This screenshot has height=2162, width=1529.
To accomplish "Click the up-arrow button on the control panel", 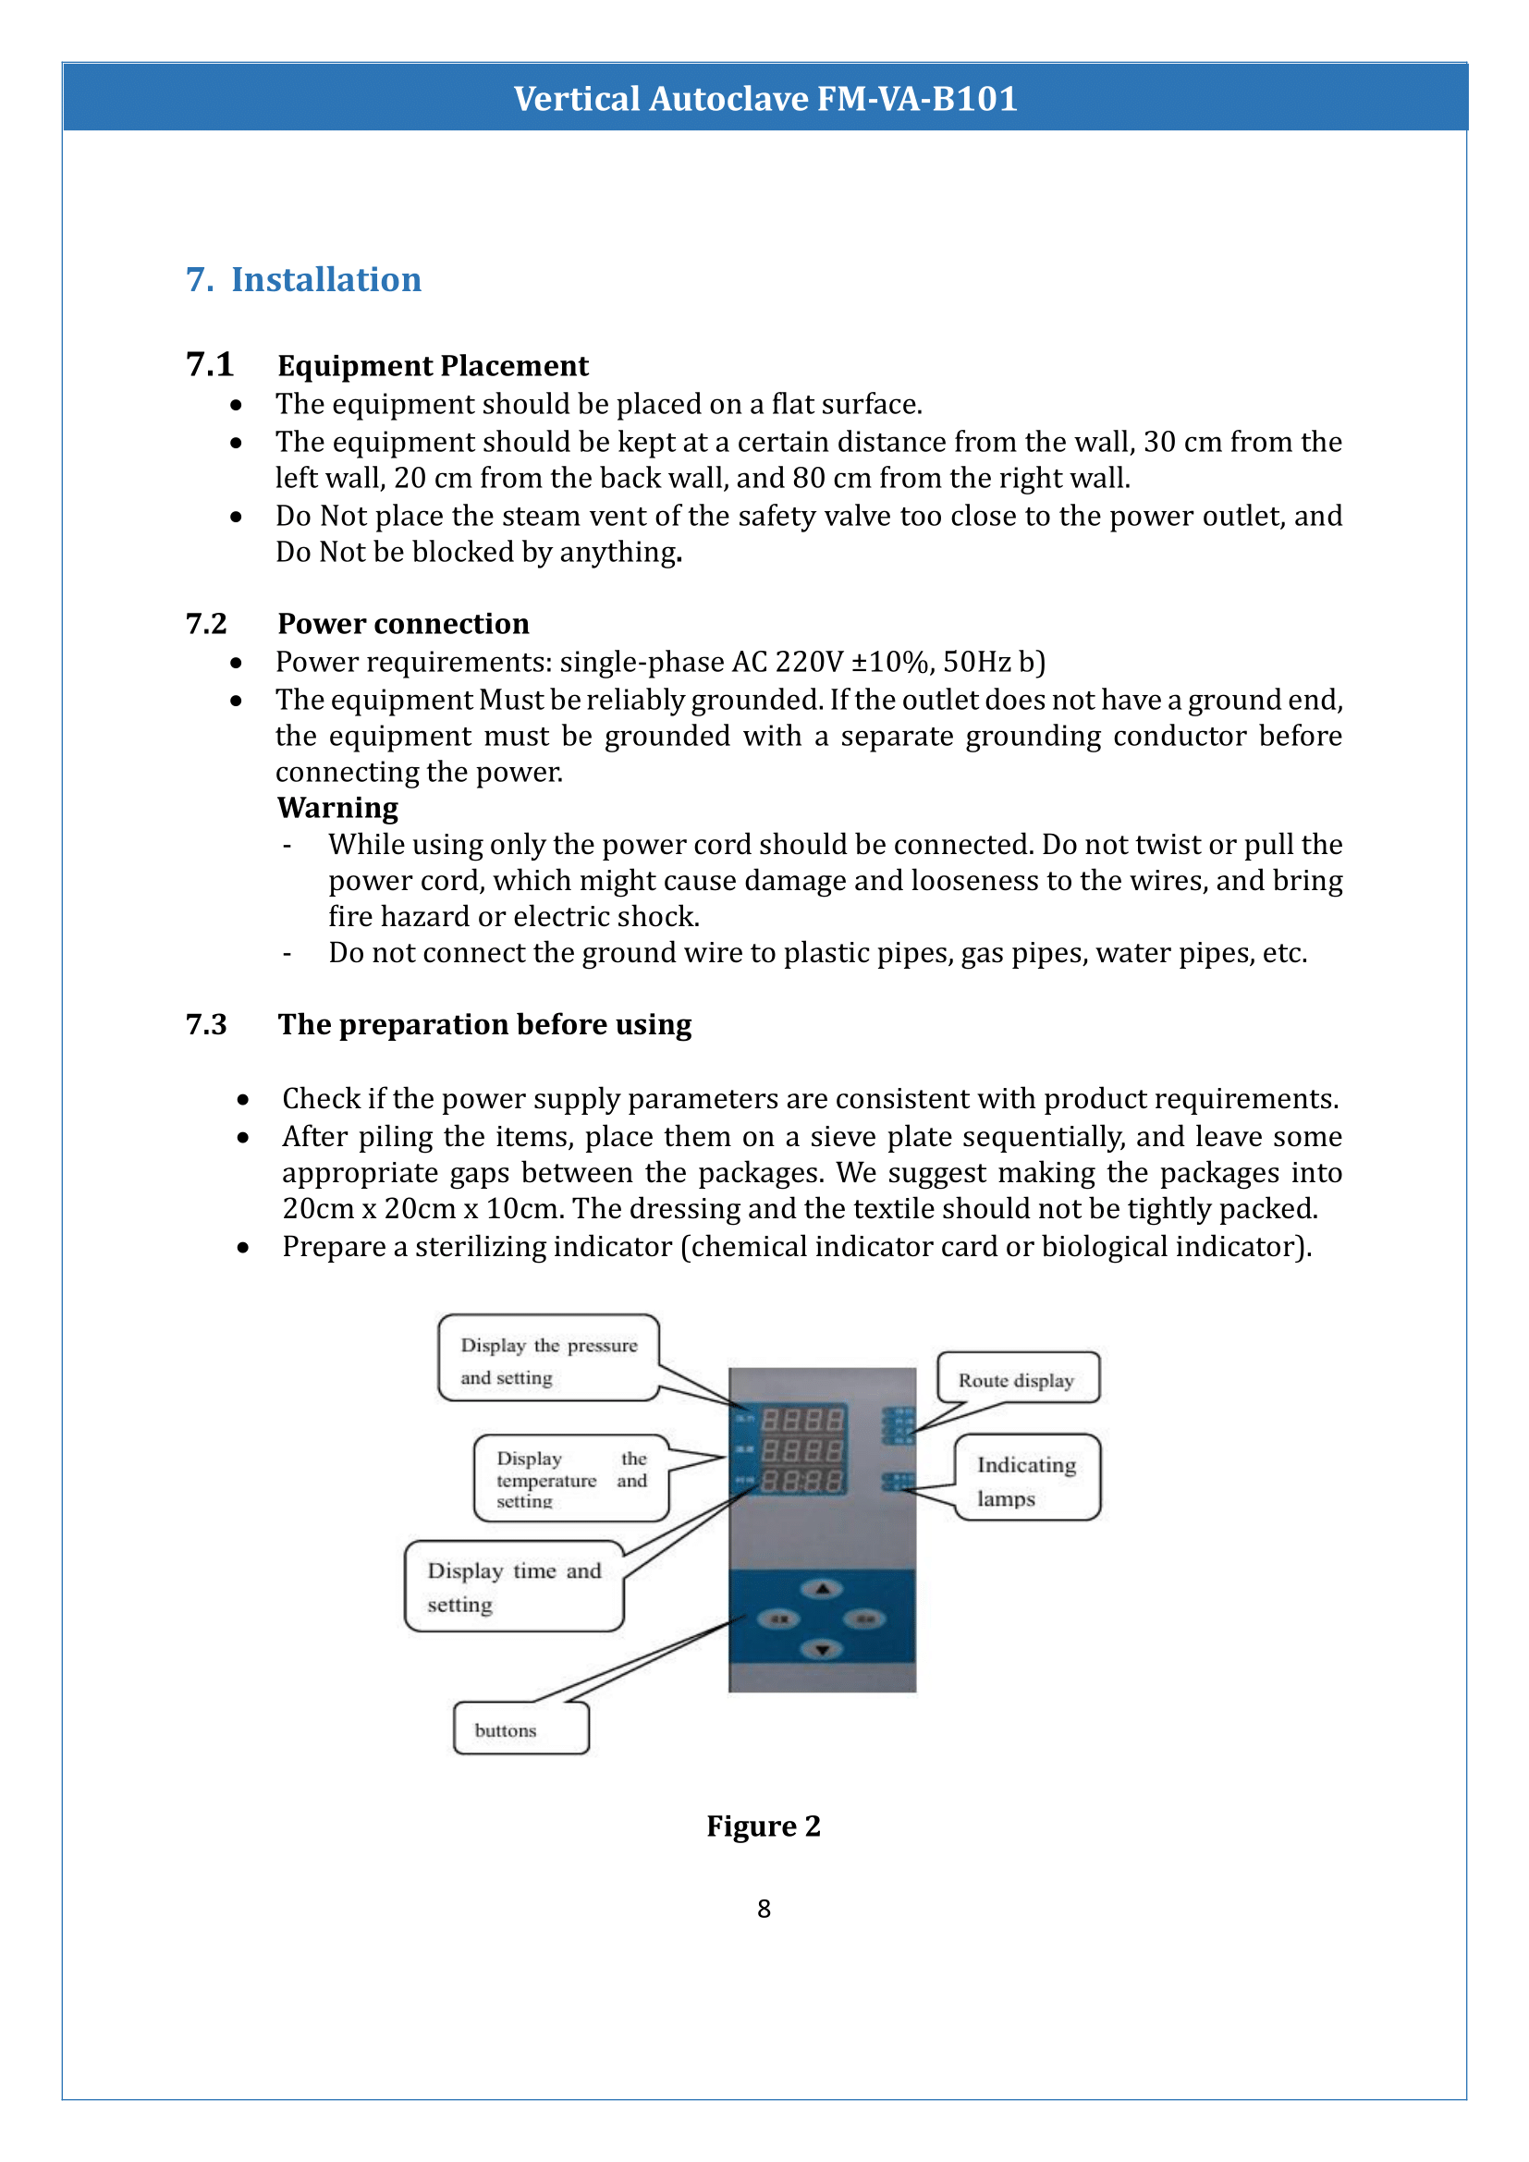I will pos(822,1590).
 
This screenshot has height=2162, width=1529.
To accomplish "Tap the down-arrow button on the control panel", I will pos(822,1649).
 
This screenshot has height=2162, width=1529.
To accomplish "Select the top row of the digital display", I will pos(802,1419).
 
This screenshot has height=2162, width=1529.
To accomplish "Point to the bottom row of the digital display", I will pos(802,1481).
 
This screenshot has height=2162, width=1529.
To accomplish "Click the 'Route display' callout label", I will pos(1017,1380).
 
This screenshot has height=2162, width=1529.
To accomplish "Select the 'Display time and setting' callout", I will pos(514,1587).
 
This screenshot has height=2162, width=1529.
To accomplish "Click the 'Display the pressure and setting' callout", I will pos(548,1360).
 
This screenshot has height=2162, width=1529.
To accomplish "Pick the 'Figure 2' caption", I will pos(764,1826).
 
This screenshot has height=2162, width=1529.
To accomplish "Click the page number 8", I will pos(764,1909).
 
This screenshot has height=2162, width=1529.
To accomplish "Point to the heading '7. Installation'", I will pos(303,280).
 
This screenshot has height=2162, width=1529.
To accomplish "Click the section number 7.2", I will pos(206,623).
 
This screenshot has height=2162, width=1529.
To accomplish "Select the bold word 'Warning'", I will pos(337,808).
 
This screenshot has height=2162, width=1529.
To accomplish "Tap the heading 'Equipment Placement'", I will pos(432,365).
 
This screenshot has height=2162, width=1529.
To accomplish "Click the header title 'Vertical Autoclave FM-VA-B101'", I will pos(764,98).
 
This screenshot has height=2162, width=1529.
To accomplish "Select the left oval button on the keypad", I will pos(779,1619).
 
